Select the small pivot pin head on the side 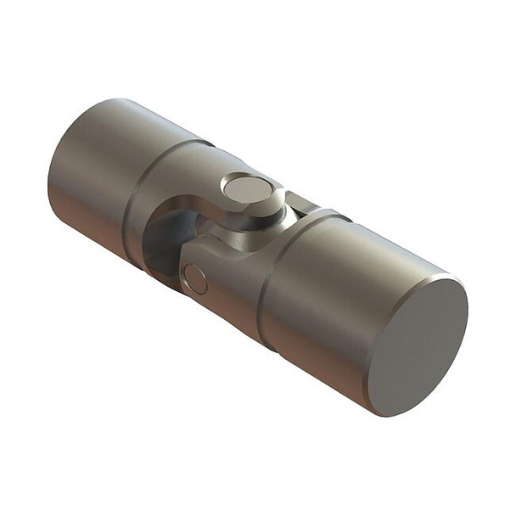click(195, 279)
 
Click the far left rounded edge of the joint click(53, 182)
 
